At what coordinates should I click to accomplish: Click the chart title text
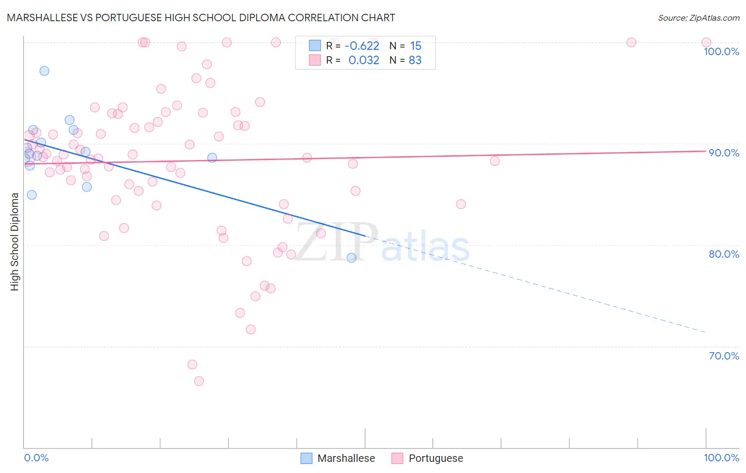click(201, 17)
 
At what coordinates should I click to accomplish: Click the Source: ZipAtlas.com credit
click(698, 17)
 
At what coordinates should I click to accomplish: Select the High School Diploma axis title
click(15, 241)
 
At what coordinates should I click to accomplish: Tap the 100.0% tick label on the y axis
click(721, 51)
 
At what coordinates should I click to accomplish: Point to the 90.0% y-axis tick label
click(724, 153)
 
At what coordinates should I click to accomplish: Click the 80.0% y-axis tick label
click(724, 254)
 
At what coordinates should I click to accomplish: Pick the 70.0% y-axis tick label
click(724, 356)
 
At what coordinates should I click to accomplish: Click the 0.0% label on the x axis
click(36, 458)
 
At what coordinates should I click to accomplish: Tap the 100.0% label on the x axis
click(721, 458)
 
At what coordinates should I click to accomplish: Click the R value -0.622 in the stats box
click(362, 46)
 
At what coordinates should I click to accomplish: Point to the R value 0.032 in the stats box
click(363, 60)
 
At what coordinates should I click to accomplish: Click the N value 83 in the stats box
click(415, 60)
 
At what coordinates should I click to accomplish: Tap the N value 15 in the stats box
click(415, 46)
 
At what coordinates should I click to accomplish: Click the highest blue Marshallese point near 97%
click(45, 71)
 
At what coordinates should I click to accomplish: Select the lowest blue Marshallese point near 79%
click(351, 258)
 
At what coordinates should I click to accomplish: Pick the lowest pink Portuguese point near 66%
click(199, 381)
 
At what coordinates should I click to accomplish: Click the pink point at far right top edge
click(706, 42)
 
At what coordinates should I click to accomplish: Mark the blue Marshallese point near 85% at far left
click(32, 195)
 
